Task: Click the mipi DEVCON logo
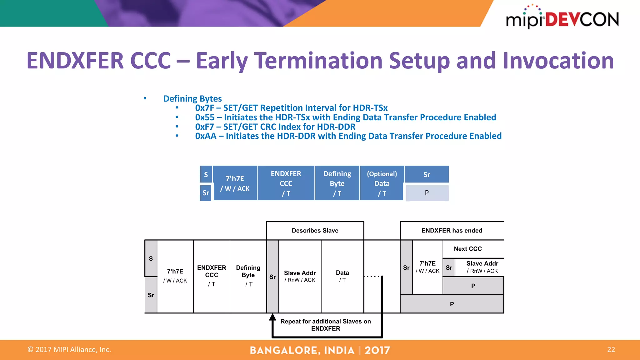click(562, 18)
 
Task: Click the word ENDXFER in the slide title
click(75, 61)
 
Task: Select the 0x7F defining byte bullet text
click(291, 108)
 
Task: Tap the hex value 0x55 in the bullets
click(205, 117)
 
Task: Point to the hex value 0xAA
click(206, 136)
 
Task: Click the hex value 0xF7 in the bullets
click(204, 127)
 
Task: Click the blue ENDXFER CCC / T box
click(286, 183)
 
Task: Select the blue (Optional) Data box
click(382, 183)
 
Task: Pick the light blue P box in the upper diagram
click(427, 193)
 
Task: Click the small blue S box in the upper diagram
click(206, 174)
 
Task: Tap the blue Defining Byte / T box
click(337, 183)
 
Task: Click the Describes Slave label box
click(315, 231)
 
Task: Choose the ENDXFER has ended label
click(452, 231)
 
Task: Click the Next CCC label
click(467, 249)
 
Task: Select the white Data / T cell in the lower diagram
click(342, 276)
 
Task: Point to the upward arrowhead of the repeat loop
click(272, 317)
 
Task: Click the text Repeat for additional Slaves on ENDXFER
click(326, 325)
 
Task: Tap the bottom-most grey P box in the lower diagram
click(452, 304)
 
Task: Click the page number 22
click(611, 350)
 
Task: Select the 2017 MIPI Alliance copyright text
click(69, 350)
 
